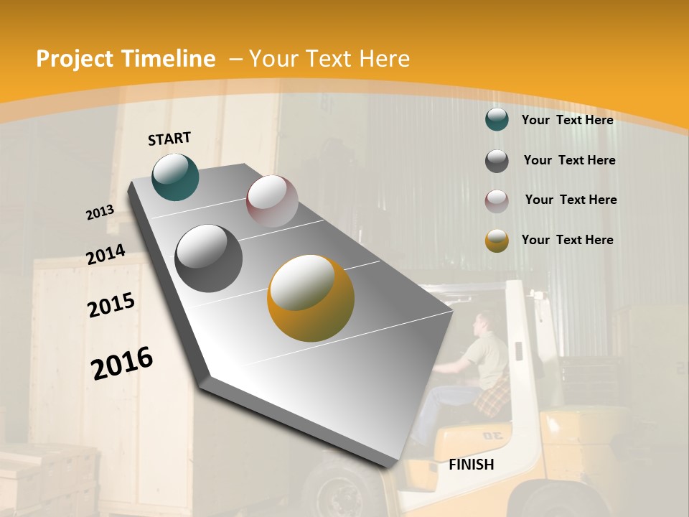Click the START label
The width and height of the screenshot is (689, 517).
(169, 139)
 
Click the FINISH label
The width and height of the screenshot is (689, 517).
(472, 465)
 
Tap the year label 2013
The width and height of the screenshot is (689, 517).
(100, 213)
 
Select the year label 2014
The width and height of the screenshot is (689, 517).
(106, 255)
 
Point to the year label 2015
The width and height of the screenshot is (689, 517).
(111, 304)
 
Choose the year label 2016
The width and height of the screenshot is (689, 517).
(122, 363)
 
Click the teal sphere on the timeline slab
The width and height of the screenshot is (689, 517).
(175, 177)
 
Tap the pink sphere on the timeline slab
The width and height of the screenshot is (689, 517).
(272, 201)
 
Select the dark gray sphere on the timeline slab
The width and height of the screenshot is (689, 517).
(209, 258)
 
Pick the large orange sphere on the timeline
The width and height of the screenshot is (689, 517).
(311, 298)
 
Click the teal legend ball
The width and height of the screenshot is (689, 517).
(497, 119)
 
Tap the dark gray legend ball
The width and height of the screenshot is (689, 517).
(497, 161)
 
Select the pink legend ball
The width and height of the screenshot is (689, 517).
(497, 201)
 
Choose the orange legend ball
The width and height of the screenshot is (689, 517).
(497, 241)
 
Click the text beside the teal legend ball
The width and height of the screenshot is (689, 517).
(567, 120)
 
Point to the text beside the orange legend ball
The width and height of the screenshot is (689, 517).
(567, 240)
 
